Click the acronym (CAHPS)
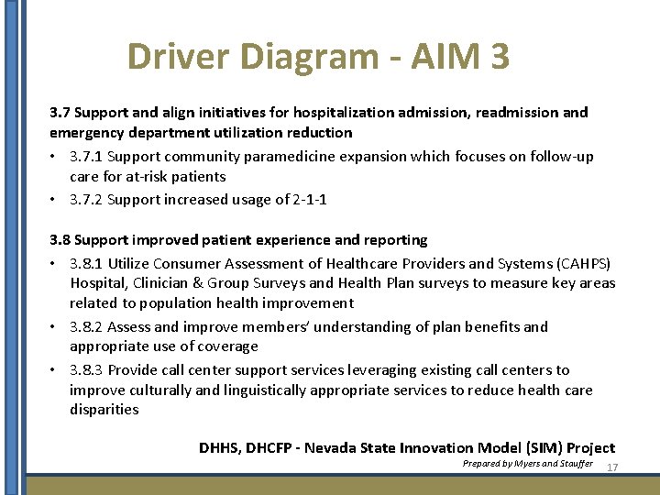(580, 264)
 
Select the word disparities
(104, 410)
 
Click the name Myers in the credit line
(527, 465)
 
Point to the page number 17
(613, 467)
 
